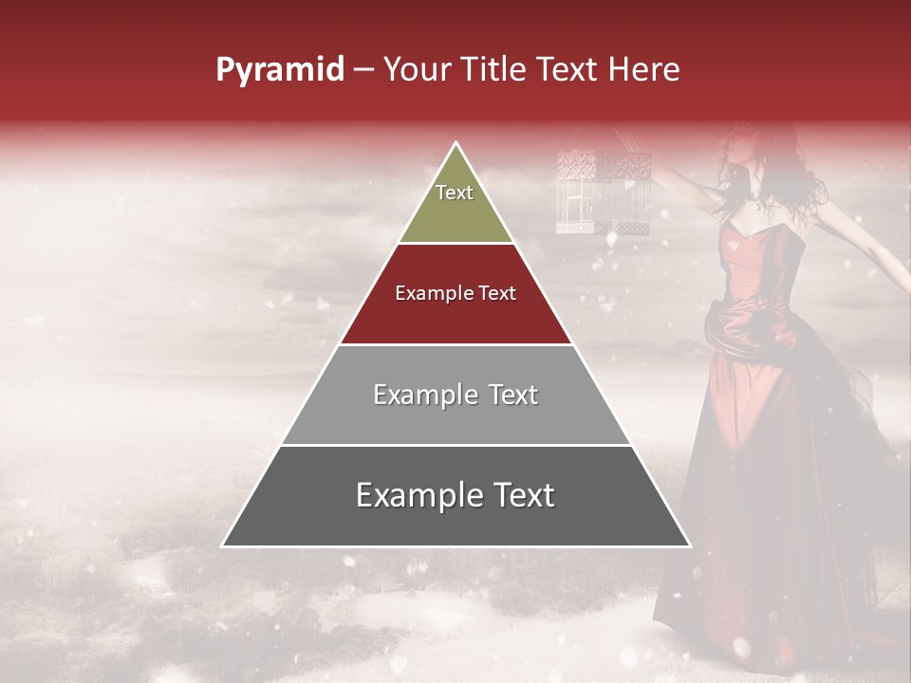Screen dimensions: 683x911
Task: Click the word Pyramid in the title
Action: (x=280, y=70)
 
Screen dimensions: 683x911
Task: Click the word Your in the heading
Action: (x=417, y=69)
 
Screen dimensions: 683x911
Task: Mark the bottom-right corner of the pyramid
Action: (x=689, y=545)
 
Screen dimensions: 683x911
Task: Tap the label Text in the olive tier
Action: (x=455, y=193)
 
